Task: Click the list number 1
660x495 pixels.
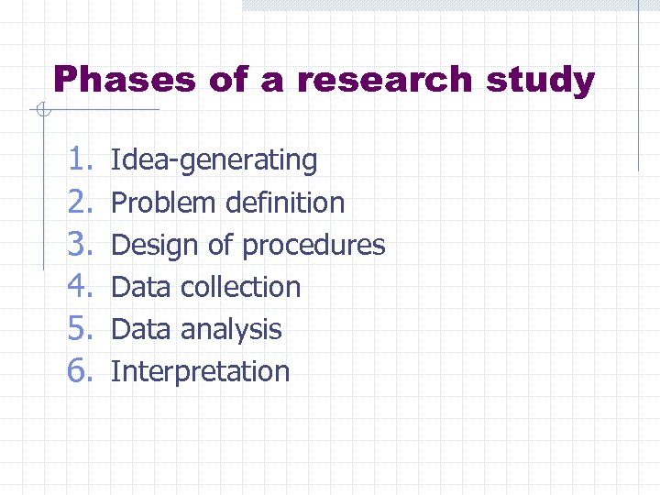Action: (x=81, y=160)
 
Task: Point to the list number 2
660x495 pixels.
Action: (x=81, y=203)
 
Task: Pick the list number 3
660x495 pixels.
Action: (x=81, y=245)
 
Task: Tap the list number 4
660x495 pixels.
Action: (x=81, y=287)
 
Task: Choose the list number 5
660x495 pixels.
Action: (x=81, y=329)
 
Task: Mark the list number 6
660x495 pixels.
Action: (x=81, y=371)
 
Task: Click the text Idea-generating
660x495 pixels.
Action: (x=214, y=160)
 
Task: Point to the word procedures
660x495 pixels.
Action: (x=313, y=246)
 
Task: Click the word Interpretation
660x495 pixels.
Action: (x=200, y=371)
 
